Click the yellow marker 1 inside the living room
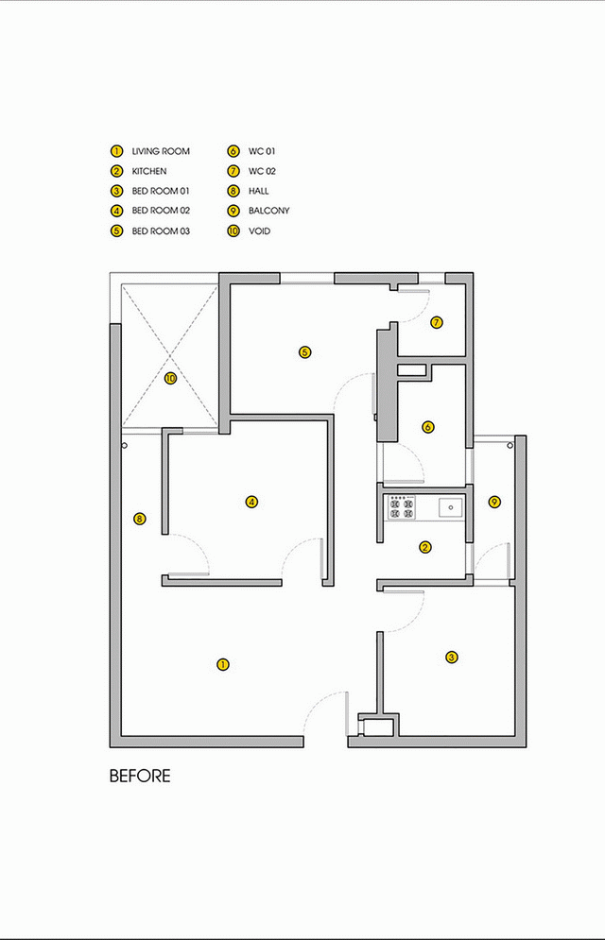(x=223, y=664)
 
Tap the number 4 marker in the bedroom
(x=251, y=502)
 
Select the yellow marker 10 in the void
(x=171, y=378)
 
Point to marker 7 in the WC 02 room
(x=437, y=322)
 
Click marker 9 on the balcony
(x=494, y=502)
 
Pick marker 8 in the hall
(x=140, y=519)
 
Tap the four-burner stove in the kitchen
(x=402, y=507)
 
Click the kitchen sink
(x=450, y=507)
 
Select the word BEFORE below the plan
(x=140, y=776)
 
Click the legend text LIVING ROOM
(x=161, y=151)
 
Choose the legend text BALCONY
(x=269, y=211)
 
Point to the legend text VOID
(x=260, y=231)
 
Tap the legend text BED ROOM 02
(x=161, y=211)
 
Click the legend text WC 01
(x=262, y=151)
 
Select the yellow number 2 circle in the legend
(x=117, y=171)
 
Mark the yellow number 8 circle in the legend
(x=233, y=191)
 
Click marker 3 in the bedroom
(x=452, y=657)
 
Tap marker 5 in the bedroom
(x=305, y=351)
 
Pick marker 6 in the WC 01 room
(x=427, y=427)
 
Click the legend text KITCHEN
(x=149, y=171)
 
